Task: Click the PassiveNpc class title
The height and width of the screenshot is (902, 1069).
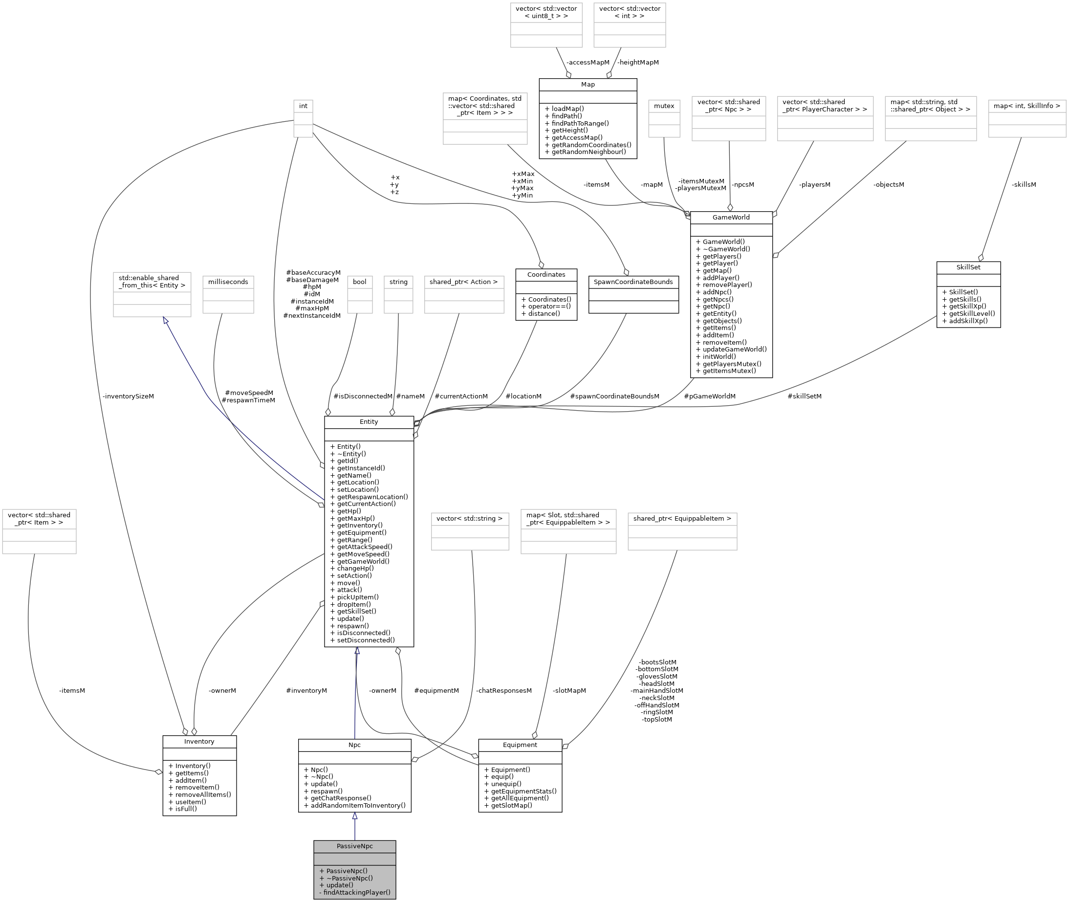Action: pos(354,846)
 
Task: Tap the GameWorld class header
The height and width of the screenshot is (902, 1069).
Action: pos(731,218)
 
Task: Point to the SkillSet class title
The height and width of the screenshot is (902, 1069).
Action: pos(968,267)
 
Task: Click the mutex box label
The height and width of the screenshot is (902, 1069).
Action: pos(664,106)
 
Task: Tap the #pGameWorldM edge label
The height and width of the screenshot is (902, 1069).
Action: pos(709,396)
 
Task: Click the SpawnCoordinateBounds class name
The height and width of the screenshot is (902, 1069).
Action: pos(633,282)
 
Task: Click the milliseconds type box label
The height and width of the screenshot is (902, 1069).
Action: pos(228,282)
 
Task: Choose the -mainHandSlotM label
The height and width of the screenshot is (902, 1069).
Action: pos(656,691)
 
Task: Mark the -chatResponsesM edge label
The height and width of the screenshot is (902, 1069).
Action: pos(503,691)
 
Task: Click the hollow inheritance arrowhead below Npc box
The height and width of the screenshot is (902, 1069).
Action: pos(354,816)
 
